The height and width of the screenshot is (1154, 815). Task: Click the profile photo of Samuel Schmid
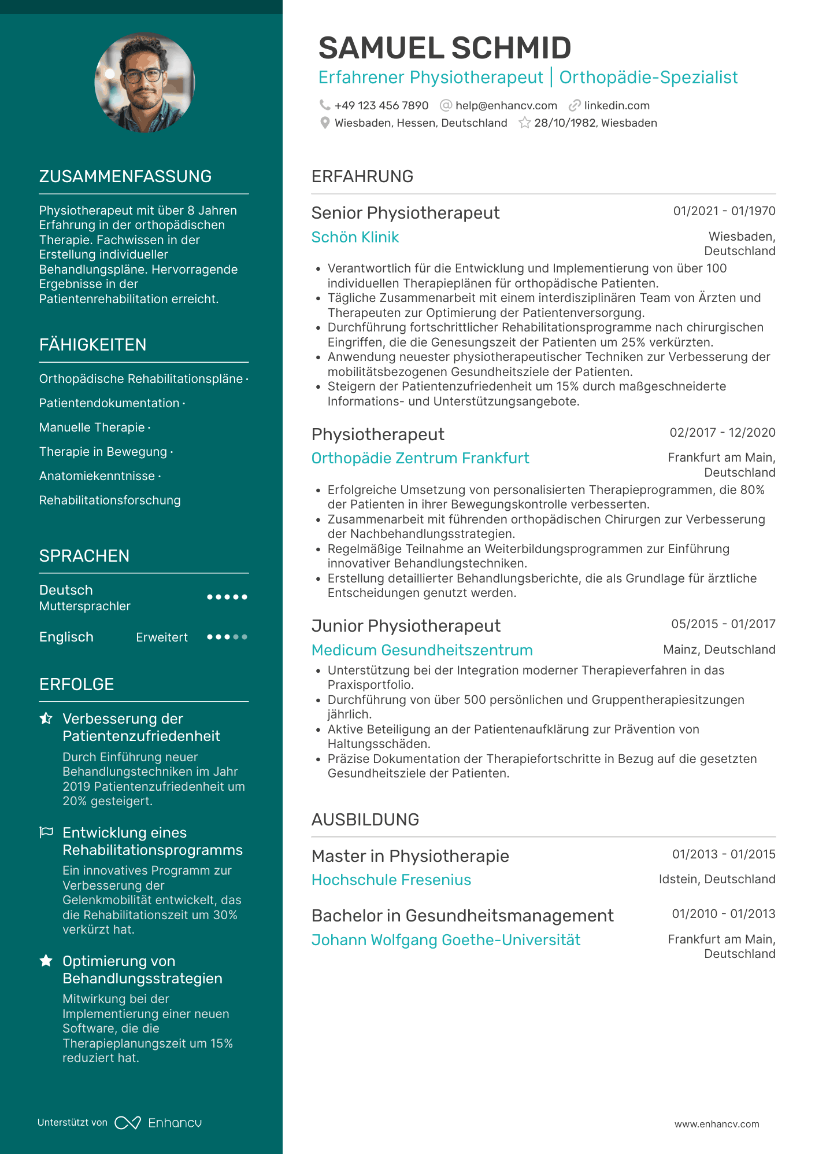pyautogui.click(x=145, y=83)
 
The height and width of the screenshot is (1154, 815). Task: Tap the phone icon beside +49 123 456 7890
pyautogui.click(x=325, y=105)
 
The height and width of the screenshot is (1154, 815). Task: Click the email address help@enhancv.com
pyautogui.click(x=506, y=106)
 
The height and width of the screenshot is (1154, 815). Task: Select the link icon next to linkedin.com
pyautogui.click(x=575, y=105)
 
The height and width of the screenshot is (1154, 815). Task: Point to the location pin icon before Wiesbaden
pyautogui.click(x=325, y=123)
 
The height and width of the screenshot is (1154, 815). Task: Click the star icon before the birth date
pyautogui.click(x=524, y=123)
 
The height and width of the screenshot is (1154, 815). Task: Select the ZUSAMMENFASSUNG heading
pyautogui.click(x=125, y=176)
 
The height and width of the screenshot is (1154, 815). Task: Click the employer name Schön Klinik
pyautogui.click(x=355, y=237)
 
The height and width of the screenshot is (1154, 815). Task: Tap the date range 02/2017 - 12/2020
pyautogui.click(x=722, y=433)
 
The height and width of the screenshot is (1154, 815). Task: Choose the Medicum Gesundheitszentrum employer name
pyautogui.click(x=422, y=650)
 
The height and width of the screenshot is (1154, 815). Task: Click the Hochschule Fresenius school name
pyautogui.click(x=391, y=880)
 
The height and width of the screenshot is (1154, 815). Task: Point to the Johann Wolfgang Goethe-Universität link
pyautogui.click(x=446, y=940)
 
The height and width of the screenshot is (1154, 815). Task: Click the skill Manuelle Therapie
pyautogui.click(x=92, y=427)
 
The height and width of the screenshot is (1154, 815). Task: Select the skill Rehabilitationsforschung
pyautogui.click(x=110, y=500)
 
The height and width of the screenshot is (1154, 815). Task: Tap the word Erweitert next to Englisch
pyautogui.click(x=162, y=637)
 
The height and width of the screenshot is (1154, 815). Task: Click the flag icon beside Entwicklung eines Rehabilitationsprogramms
pyautogui.click(x=46, y=832)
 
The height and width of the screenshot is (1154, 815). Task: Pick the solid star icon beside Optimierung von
pyautogui.click(x=46, y=961)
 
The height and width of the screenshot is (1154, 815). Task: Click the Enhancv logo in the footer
pyautogui.click(x=158, y=1123)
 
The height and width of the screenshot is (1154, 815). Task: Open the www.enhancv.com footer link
pyautogui.click(x=717, y=1124)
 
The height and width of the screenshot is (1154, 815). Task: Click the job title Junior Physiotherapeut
pyautogui.click(x=406, y=626)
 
